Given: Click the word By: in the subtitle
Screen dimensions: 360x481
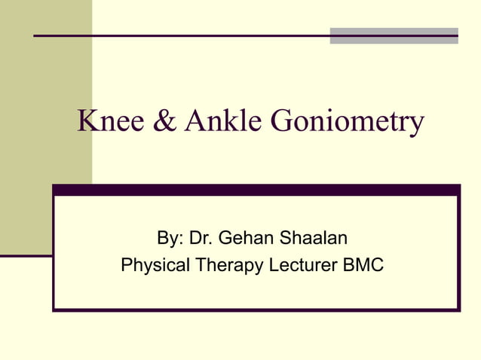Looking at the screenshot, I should (170, 239).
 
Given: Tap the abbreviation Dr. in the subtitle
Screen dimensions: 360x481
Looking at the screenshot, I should (201, 239).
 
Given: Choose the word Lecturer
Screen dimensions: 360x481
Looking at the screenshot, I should (302, 266).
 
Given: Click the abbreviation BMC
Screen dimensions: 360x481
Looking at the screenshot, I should (364, 266).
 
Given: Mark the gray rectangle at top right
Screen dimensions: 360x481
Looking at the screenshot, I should (394, 35).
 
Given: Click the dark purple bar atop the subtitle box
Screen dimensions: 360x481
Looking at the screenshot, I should (256, 191).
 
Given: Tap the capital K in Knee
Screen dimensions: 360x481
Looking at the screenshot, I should (86, 122).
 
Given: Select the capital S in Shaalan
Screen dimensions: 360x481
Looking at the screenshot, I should (285, 239).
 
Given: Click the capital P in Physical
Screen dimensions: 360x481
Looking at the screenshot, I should (127, 266).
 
